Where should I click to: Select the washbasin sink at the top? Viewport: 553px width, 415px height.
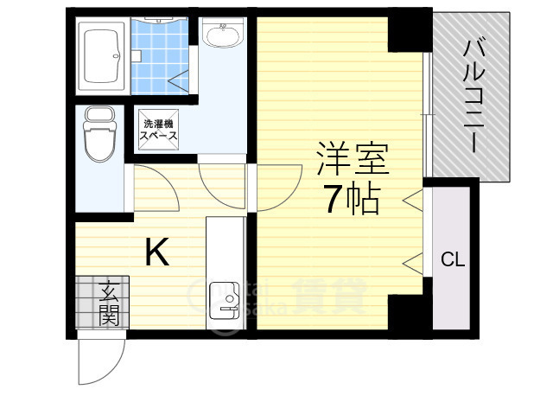click(x=224, y=35)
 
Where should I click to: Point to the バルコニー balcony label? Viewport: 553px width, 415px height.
click(x=472, y=95)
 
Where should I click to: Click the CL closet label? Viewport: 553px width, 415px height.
click(x=452, y=258)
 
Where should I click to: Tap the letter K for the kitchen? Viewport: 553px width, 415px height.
click(x=156, y=252)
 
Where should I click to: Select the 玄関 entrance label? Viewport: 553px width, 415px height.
click(x=108, y=303)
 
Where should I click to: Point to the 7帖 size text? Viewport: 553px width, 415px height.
click(x=352, y=201)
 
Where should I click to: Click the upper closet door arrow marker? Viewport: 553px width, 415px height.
click(x=412, y=201)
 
